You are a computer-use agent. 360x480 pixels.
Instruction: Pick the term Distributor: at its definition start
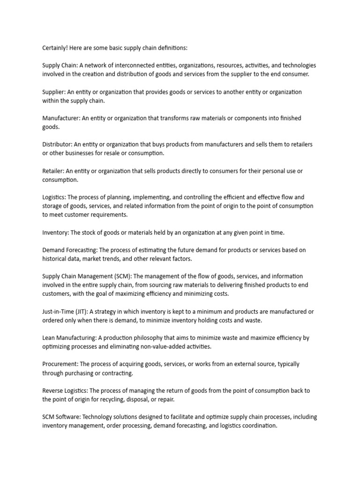pyautogui.click(x=58, y=144)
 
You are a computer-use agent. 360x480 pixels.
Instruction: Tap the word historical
pyautogui.click(x=57, y=259)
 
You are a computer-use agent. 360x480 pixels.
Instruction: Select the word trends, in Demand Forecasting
pyautogui.click(x=120, y=259)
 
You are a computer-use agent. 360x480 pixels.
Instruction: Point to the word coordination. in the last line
pyautogui.click(x=257, y=426)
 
